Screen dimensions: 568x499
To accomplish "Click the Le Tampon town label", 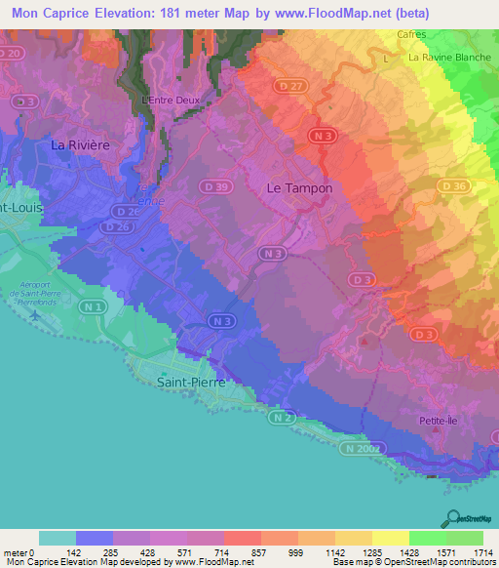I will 299,188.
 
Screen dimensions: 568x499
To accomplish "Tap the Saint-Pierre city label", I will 192,384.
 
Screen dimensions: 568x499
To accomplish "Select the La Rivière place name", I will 80,145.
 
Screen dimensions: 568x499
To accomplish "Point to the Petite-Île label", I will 438,422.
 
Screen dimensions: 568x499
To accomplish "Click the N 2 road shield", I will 281,418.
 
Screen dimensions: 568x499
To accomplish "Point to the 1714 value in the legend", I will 483,554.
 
